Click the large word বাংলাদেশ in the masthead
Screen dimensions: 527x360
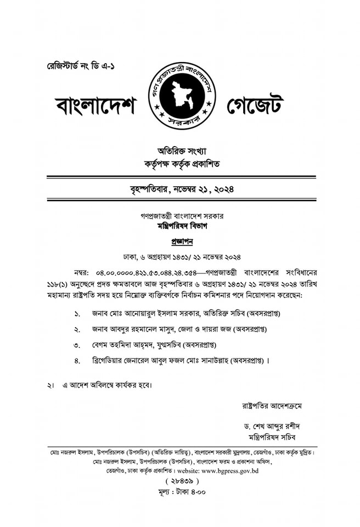(95, 104)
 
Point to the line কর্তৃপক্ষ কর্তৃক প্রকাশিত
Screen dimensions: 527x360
(181, 164)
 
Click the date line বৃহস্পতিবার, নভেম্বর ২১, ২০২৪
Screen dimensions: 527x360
(181, 190)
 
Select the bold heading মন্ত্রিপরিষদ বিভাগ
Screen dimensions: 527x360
(181, 226)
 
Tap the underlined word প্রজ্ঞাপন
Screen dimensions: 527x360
(181, 241)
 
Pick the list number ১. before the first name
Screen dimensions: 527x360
(77, 315)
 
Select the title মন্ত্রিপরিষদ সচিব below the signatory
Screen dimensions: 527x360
(272, 437)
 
